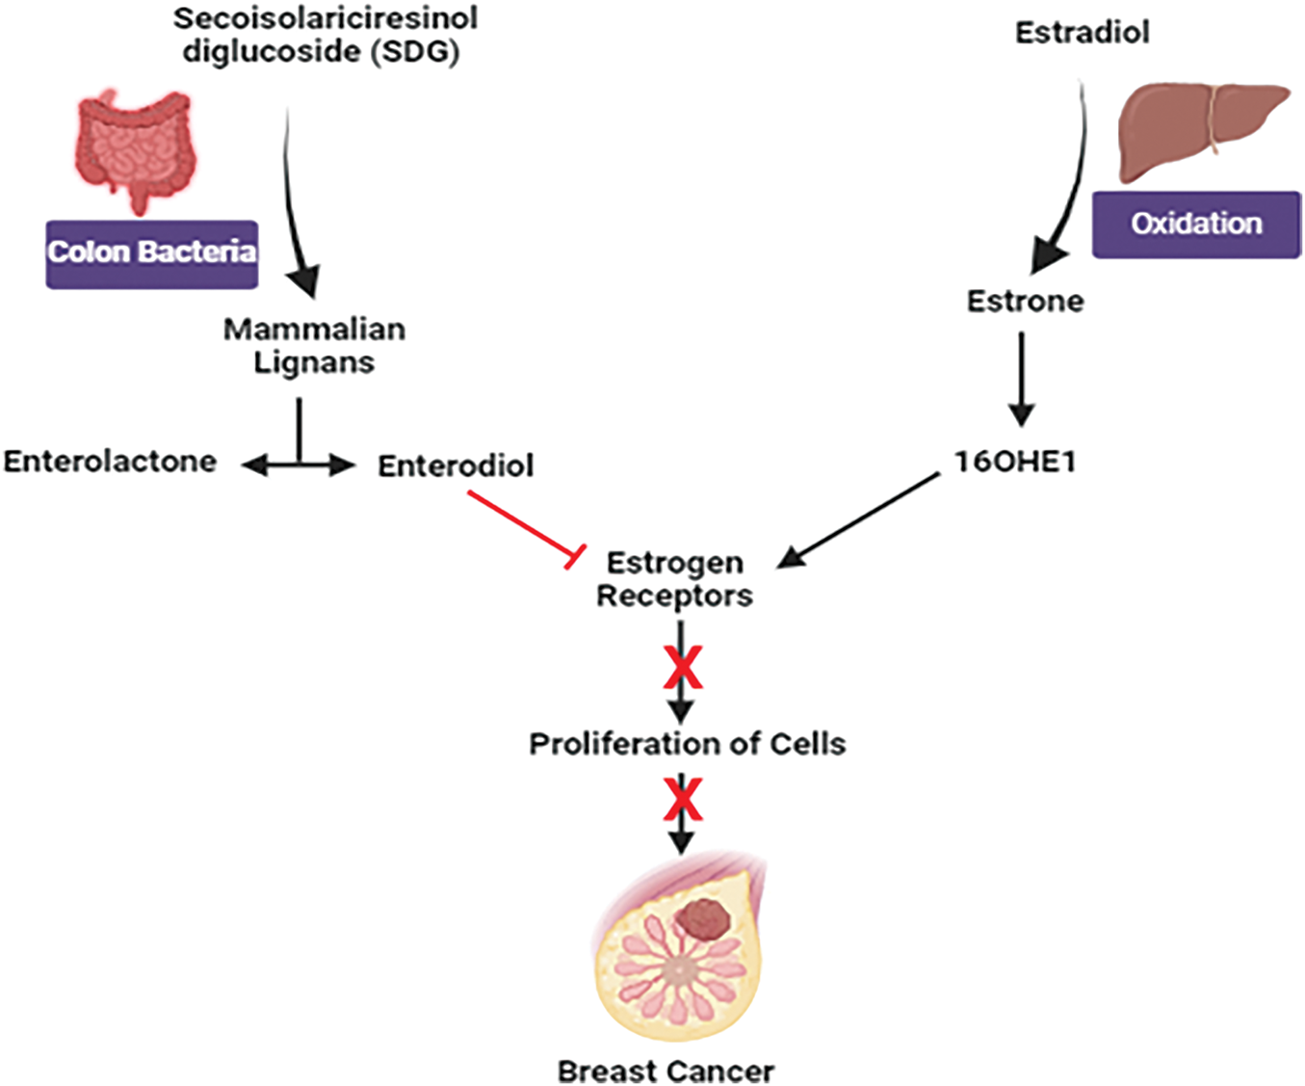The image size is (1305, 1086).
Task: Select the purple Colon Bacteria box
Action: tap(152, 254)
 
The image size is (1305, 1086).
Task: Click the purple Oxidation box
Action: tap(1196, 225)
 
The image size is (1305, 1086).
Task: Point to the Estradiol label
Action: tap(1082, 33)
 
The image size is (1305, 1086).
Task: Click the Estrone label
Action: tap(1026, 302)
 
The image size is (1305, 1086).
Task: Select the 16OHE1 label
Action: tap(1015, 462)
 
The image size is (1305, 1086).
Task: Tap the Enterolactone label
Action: tap(111, 462)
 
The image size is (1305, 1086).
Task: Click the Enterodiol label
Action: tap(456, 465)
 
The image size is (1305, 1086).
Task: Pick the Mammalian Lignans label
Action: tap(314, 346)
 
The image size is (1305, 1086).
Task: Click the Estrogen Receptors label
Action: tap(675, 579)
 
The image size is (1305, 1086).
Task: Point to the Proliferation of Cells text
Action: tap(688, 744)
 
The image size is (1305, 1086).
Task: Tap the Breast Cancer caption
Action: tap(666, 1072)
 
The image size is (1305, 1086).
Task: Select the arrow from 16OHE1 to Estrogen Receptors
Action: tap(857, 520)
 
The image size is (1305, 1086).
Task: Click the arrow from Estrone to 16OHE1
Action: tap(1021, 379)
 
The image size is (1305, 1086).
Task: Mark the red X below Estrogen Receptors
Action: tap(683, 668)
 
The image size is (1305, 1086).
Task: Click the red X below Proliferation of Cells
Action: tap(683, 799)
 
